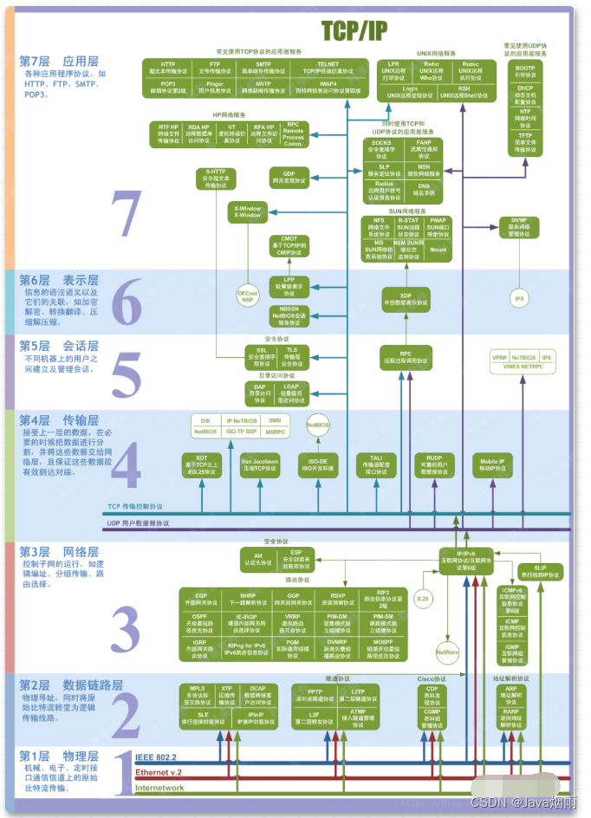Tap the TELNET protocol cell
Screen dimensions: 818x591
pyautogui.click(x=328, y=68)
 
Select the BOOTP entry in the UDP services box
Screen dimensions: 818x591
pyautogui.click(x=525, y=71)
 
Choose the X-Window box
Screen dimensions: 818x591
pyautogui.click(x=248, y=211)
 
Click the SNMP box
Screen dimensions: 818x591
pyautogui.click(x=519, y=227)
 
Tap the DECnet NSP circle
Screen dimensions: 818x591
pyautogui.click(x=248, y=295)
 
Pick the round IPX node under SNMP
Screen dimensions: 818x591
pyautogui.click(x=519, y=298)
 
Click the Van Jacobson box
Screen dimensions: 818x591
pyautogui.click(x=260, y=465)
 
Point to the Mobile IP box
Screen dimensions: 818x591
pyautogui.click(x=493, y=465)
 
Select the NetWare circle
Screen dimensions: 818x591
pyautogui.click(x=447, y=651)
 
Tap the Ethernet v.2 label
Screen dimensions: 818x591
pyautogui.click(x=158, y=772)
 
